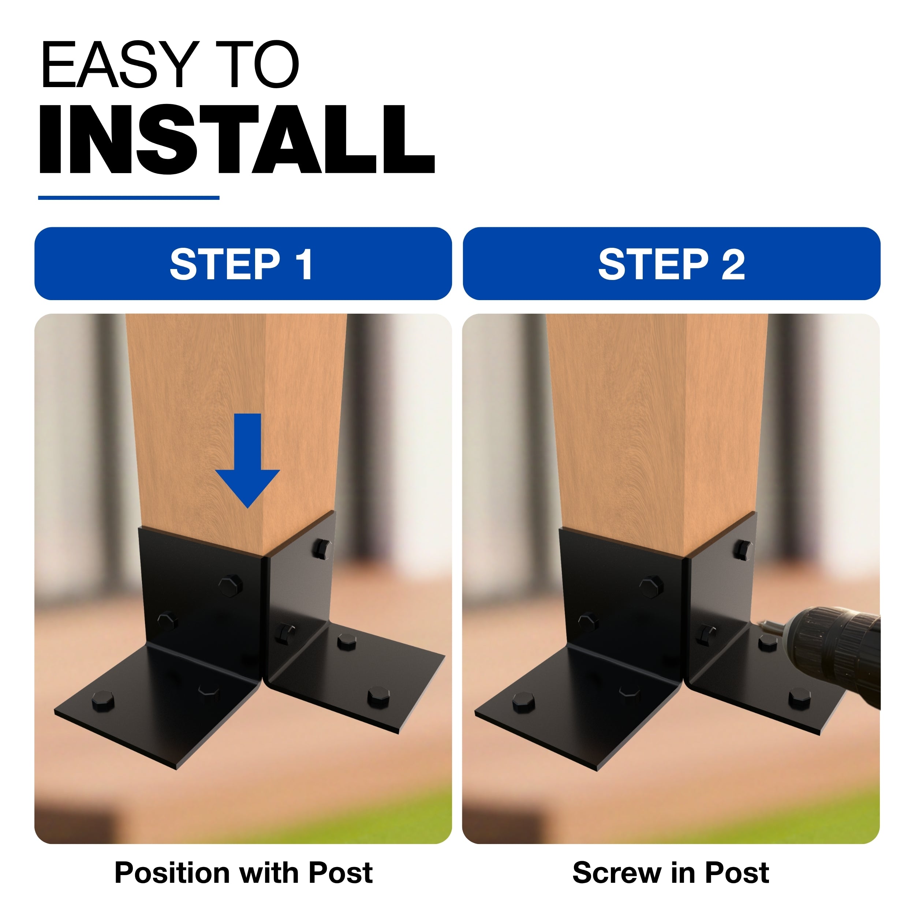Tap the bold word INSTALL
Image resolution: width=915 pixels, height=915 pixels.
(237, 139)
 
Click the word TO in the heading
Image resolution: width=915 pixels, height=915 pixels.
(257, 64)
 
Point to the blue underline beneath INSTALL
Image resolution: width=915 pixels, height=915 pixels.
(129, 198)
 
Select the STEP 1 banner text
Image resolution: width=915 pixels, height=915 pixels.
(242, 264)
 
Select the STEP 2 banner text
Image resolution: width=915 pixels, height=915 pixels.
(672, 264)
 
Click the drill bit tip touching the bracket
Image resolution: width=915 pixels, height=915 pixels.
(760, 624)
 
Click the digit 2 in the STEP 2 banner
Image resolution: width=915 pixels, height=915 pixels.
(733, 264)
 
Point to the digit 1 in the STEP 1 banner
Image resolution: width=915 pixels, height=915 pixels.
(304, 264)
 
